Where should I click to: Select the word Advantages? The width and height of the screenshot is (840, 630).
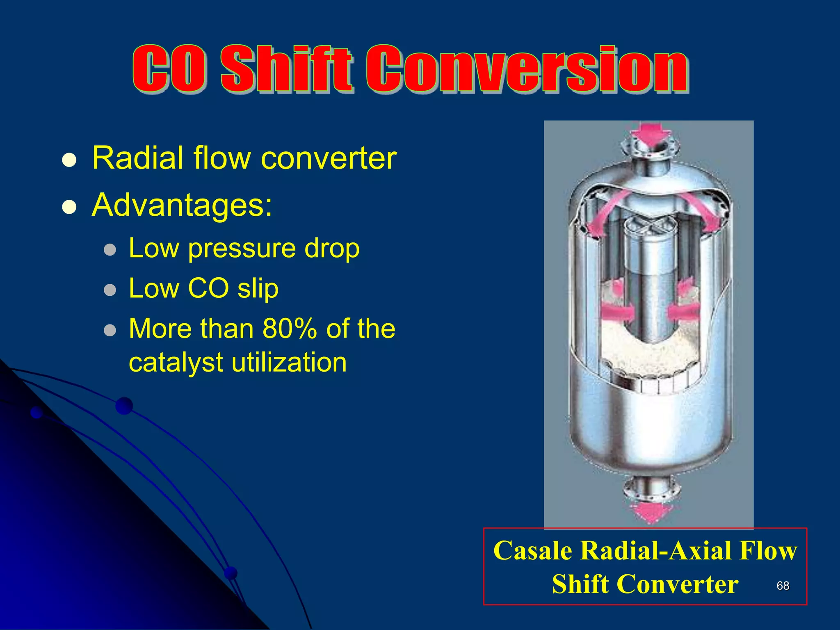click(x=182, y=205)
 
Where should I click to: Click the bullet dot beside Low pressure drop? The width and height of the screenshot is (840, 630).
click(x=110, y=250)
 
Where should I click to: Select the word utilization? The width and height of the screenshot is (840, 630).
click(x=289, y=363)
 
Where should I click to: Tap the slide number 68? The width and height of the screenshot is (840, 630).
click(x=783, y=586)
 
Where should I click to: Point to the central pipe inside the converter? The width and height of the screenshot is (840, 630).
click(x=649, y=287)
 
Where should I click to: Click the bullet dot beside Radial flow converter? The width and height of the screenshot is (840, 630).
click(x=69, y=160)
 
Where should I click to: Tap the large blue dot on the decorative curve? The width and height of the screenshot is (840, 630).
click(x=124, y=406)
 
